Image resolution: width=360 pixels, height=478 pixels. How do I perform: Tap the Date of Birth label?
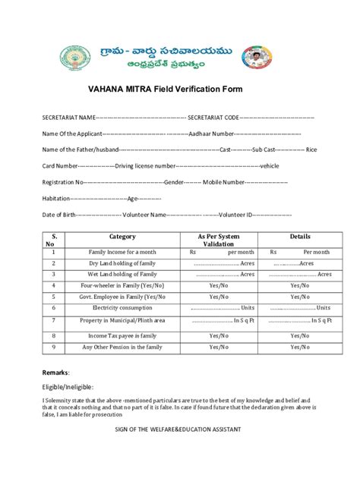pos(59,215)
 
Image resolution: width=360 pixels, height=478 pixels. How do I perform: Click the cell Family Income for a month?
pos(122,251)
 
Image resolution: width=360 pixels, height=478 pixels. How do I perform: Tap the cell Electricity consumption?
pos(122,308)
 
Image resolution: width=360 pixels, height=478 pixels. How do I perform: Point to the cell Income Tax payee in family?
pos(122,335)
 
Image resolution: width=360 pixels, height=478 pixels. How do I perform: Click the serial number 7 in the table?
pos(53,321)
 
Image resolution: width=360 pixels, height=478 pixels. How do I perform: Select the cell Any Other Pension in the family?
pos(122,347)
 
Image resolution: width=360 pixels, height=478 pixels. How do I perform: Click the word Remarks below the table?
pos(55,373)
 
